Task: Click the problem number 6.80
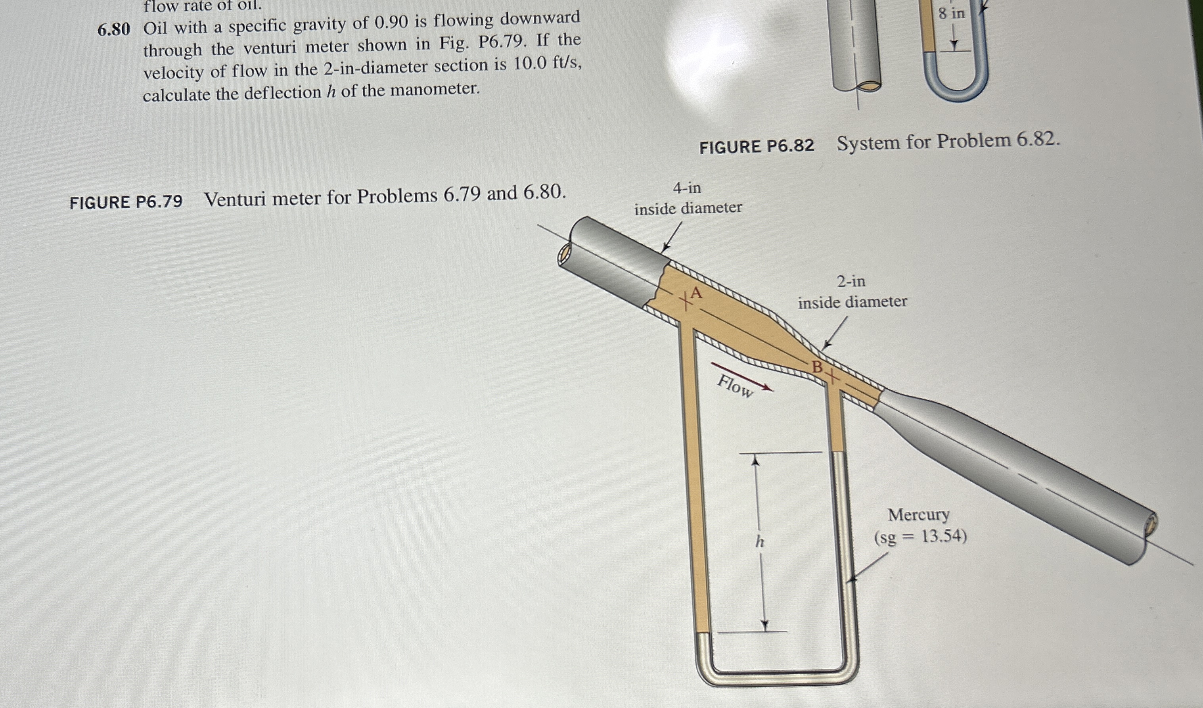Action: [x=114, y=30]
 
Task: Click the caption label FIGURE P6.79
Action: [x=126, y=202]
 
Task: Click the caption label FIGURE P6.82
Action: [x=756, y=146]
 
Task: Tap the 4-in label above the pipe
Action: [x=687, y=188]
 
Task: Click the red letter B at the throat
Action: [x=817, y=366]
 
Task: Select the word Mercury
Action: [x=918, y=515]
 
